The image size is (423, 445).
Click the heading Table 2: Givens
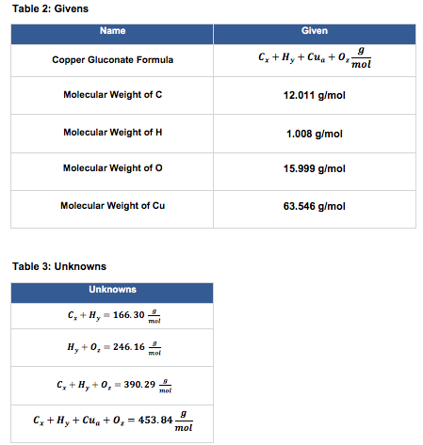click(43, 9)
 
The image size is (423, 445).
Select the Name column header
click(112, 31)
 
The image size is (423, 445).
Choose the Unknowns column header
click(112, 289)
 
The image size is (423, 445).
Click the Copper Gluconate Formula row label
click(112, 60)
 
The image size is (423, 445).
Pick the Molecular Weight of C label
click(112, 96)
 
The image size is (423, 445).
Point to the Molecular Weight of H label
click(112, 133)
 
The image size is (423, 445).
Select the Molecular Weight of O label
click(112, 169)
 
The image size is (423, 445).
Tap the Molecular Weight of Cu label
click(112, 206)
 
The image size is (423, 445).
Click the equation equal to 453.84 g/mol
click(112, 420)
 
